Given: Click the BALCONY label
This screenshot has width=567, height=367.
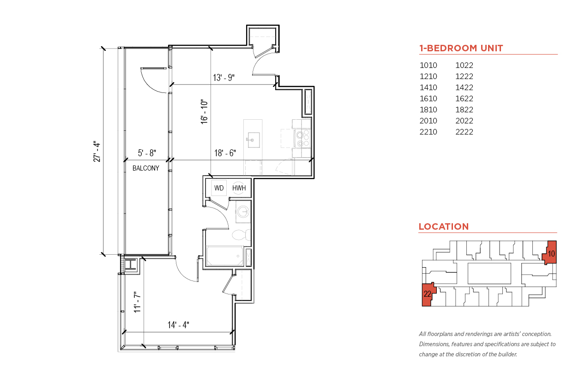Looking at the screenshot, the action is pos(146,168).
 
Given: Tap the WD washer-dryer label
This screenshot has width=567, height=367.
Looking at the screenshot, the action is pos(219,188).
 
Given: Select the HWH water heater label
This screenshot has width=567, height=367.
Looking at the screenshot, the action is pos(239,188).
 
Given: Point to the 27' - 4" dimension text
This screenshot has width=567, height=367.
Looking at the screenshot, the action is pos(97,152).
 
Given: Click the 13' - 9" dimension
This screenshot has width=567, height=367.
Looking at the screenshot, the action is pos(224,78).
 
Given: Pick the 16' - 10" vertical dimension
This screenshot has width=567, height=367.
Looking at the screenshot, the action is pos(204,112).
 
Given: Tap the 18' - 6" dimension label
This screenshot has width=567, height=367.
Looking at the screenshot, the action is pos(225,153).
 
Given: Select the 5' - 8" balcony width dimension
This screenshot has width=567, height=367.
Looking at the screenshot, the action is pos(147,153).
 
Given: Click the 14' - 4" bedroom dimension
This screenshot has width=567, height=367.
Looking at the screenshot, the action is pos(178,325).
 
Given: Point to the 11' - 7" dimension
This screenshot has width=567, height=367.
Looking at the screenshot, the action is pos(137,302).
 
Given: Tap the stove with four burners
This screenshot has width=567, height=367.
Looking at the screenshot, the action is pos(303,138).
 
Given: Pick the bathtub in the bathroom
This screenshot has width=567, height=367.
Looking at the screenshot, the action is pos(225,256).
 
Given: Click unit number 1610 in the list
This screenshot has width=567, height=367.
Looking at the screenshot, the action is pos(428,98).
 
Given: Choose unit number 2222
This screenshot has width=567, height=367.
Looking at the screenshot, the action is pos(464,132).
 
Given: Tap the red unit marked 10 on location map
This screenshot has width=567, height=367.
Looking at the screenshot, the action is pos(550,253).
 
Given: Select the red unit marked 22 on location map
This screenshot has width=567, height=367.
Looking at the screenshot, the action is pos(429,294).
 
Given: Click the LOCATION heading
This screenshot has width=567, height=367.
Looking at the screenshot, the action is pos(444,226).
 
